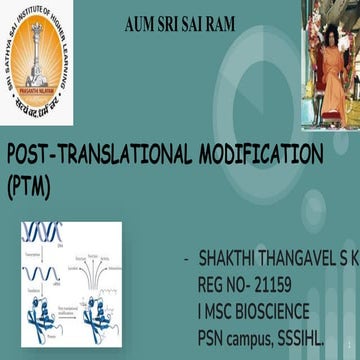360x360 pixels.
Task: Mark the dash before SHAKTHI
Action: click(x=187, y=259)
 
